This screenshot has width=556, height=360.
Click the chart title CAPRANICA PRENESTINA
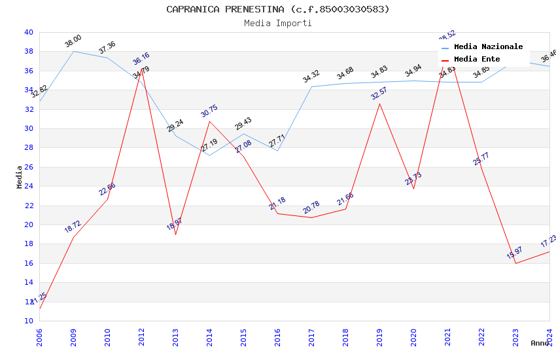pyautogui.click(x=277, y=9)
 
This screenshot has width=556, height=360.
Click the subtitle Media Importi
pyautogui.click(x=277, y=23)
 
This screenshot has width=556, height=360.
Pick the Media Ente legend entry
pyautogui.click(x=477, y=60)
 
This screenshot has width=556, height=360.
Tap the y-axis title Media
pyautogui.click(x=20, y=177)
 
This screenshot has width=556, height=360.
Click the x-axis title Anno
pyautogui.click(x=540, y=343)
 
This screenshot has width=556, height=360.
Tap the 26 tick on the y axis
pyautogui.click(x=28, y=167)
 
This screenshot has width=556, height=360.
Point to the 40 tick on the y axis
pyautogui.click(x=28, y=32)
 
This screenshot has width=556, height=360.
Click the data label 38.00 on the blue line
pyautogui.click(x=73, y=41)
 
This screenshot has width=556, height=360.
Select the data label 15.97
pyautogui.click(x=515, y=253)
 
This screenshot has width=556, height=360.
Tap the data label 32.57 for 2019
pyautogui.click(x=379, y=93)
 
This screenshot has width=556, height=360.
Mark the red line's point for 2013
pyautogui.click(x=175, y=234)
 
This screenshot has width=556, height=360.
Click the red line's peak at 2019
pyautogui.click(x=379, y=103)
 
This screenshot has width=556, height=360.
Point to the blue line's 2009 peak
pyautogui.click(x=73, y=51)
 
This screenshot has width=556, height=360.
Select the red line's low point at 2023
pyautogui.click(x=515, y=263)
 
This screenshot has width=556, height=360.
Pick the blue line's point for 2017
pyautogui.click(x=311, y=86)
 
